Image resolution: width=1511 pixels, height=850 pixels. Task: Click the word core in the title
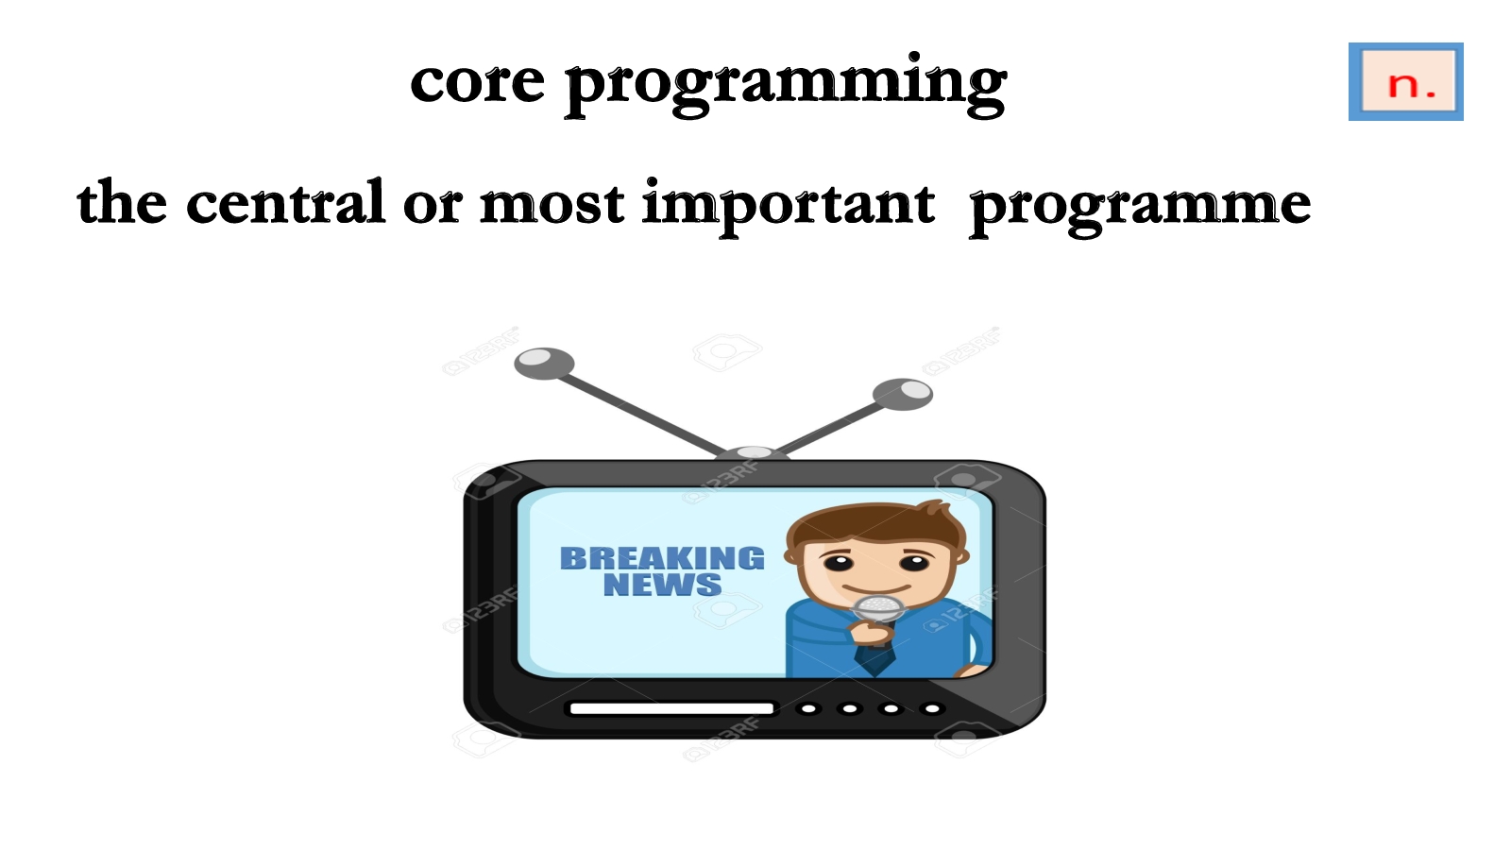(478, 82)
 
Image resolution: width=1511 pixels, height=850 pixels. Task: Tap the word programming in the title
(787, 86)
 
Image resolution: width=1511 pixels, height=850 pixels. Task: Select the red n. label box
(1406, 81)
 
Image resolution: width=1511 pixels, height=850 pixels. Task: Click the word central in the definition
(285, 201)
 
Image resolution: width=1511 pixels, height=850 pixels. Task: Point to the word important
(789, 207)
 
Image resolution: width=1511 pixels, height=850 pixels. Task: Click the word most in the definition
(552, 205)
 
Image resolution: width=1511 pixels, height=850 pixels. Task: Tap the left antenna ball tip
(544, 363)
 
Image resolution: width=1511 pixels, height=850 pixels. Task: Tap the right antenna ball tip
(903, 394)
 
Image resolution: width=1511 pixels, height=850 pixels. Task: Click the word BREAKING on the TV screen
(662, 558)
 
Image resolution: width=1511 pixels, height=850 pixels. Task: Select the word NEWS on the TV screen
(662, 585)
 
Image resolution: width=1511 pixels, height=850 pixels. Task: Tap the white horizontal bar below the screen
(671, 708)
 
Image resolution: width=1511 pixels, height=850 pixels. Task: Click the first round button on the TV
(808, 708)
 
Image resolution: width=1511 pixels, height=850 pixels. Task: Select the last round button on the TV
(932, 708)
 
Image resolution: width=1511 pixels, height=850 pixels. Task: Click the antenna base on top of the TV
(754, 452)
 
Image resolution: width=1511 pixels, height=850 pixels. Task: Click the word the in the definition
(122, 202)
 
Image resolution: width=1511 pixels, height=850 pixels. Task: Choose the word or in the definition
(433, 207)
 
